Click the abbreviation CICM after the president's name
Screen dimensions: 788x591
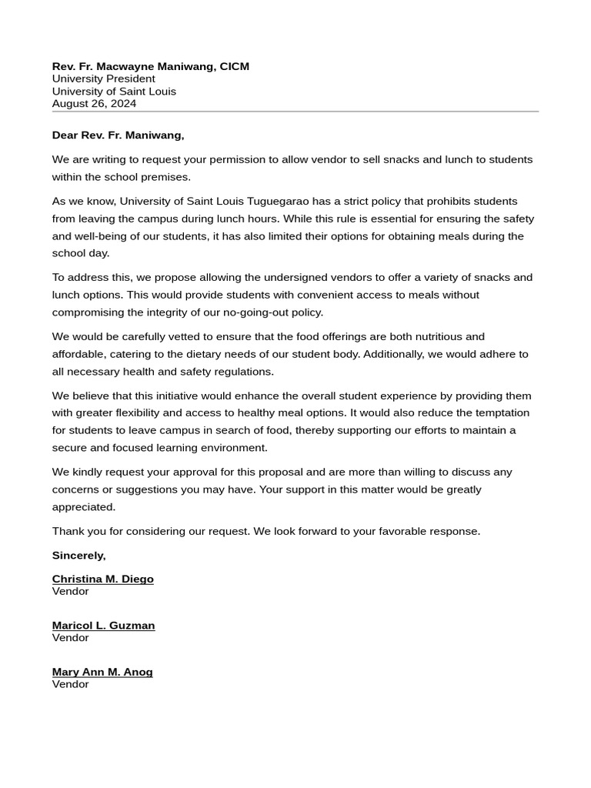click(x=234, y=66)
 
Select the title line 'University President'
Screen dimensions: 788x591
click(x=103, y=78)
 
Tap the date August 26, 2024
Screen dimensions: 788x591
click(x=94, y=103)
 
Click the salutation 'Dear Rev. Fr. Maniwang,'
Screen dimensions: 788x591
click(x=118, y=135)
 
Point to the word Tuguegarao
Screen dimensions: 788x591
click(x=278, y=201)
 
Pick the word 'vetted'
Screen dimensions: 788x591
click(x=186, y=336)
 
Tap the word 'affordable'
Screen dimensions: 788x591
click(x=78, y=354)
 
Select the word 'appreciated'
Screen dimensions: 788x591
click(x=83, y=507)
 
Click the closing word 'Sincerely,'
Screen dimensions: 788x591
click(x=78, y=555)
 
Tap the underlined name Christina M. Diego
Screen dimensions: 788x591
click(x=102, y=579)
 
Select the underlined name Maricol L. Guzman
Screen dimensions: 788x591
click(x=103, y=626)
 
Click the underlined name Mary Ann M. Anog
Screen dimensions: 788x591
click(x=102, y=672)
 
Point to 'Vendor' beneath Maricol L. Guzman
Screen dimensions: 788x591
click(x=70, y=638)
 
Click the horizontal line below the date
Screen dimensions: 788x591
click(x=295, y=112)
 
